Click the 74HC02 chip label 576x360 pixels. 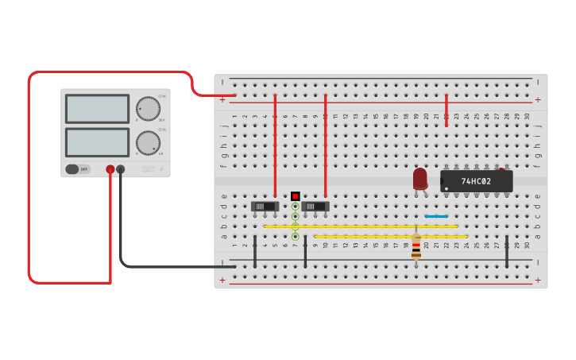tap(476, 181)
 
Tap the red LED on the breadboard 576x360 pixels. tap(419, 178)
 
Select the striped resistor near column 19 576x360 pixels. tap(416, 246)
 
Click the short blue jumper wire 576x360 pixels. tap(436, 215)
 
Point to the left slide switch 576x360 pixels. tap(265, 207)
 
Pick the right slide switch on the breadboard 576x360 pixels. tap(315, 207)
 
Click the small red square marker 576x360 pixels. tap(295, 195)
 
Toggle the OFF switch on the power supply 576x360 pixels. tap(77, 169)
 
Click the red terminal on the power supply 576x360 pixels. tap(110, 169)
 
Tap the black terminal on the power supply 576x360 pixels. tap(120, 169)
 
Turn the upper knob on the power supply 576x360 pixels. tap(147, 108)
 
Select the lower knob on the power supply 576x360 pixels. tap(147, 143)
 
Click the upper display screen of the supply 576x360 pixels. tap(97, 108)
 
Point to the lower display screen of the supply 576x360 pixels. tap(97, 142)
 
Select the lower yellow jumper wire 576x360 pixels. tap(390, 236)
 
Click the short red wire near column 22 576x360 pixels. tap(446, 110)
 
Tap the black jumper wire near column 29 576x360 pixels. tap(507, 250)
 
